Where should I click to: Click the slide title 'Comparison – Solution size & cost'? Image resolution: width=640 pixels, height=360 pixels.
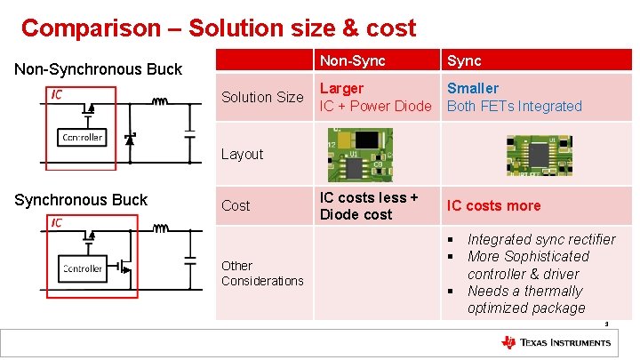pyautogui.click(x=218, y=28)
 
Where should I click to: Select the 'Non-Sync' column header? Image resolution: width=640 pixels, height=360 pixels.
pyautogui.click(x=352, y=60)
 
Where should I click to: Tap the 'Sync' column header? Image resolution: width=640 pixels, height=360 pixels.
pyautogui.click(x=464, y=60)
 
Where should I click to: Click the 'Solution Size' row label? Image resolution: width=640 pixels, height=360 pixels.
pyautogui.click(x=261, y=97)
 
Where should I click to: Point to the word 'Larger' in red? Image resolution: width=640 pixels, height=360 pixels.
pyautogui.click(x=341, y=88)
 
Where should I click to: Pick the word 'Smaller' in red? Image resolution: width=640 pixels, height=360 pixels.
pyautogui.click(x=472, y=88)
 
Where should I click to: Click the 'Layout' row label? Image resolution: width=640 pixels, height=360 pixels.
pyautogui.click(x=242, y=154)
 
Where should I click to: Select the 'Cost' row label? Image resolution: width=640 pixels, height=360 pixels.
pyautogui.click(x=236, y=205)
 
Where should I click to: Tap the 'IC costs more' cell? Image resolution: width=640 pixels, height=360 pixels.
pyautogui.click(x=493, y=205)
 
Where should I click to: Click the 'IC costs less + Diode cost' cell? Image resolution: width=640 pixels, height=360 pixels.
pyautogui.click(x=369, y=205)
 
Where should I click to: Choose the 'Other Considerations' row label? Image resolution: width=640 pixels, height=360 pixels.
pyautogui.click(x=262, y=273)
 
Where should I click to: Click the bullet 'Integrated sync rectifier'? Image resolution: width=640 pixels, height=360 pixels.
pyautogui.click(x=540, y=239)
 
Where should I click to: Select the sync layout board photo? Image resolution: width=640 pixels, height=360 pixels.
pyautogui.click(x=539, y=153)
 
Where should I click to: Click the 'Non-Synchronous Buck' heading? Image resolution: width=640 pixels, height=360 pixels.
pyautogui.click(x=98, y=69)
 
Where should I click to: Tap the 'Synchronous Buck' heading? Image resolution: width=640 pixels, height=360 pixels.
pyautogui.click(x=81, y=200)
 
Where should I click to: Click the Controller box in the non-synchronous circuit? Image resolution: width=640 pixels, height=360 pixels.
pyautogui.click(x=82, y=137)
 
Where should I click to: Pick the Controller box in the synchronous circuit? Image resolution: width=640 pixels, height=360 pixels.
pyautogui.click(x=82, y=268)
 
